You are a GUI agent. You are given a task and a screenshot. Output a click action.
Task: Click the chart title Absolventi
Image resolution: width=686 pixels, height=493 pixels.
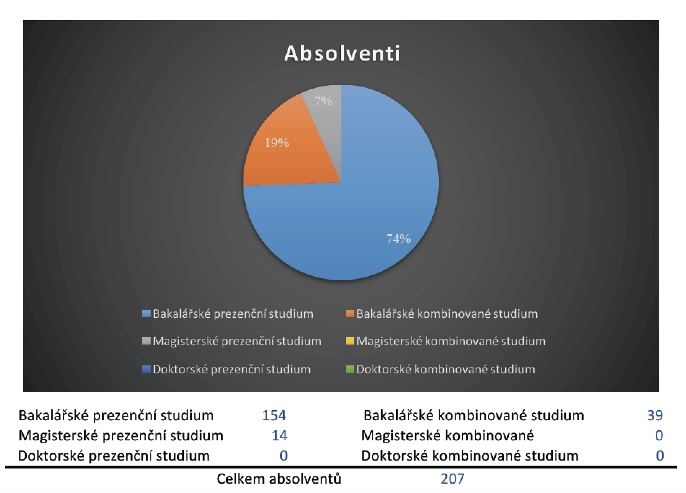pyautogui.click(x=342, y=54)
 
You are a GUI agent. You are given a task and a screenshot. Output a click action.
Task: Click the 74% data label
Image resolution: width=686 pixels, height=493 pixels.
pyautogui.click(x=398, y=239)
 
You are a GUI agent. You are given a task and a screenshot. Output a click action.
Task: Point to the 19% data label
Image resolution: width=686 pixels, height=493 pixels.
pyautogui.click(x=277, y=143)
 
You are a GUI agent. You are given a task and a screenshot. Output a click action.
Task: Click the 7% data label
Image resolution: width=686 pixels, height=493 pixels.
pyautogui.click(x=323, y=101)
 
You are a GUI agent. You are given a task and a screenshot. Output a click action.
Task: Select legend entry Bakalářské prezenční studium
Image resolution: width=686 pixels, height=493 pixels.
pyautogui.click(x=228, y=314)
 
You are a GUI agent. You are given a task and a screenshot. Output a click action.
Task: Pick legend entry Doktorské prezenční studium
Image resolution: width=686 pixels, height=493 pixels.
pyautogui.click(x=227, y=369)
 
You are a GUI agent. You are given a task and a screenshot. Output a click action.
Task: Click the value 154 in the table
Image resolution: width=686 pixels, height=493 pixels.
pyautogui.click(x=274, y=416)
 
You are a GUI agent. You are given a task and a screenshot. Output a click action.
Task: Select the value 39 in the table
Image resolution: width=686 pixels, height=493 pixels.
pyautogui.click(x=655, y=416)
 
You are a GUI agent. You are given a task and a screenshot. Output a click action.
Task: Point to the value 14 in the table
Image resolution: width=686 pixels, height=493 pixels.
pyautogui.click(x=280, y=436)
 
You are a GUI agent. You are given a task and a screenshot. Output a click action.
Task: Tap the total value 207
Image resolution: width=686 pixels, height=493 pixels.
pyautogui.click(x=453, y=479)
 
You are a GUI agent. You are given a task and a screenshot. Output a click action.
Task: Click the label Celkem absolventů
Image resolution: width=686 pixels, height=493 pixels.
pyautogui.click(x=279, y=479)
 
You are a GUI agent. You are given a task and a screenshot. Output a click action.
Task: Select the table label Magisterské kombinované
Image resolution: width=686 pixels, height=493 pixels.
pyautogui.click(x=447, y=436)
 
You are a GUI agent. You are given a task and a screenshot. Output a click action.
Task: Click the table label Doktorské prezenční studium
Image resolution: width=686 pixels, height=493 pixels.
pyautogui.click(x=114, y=456)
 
